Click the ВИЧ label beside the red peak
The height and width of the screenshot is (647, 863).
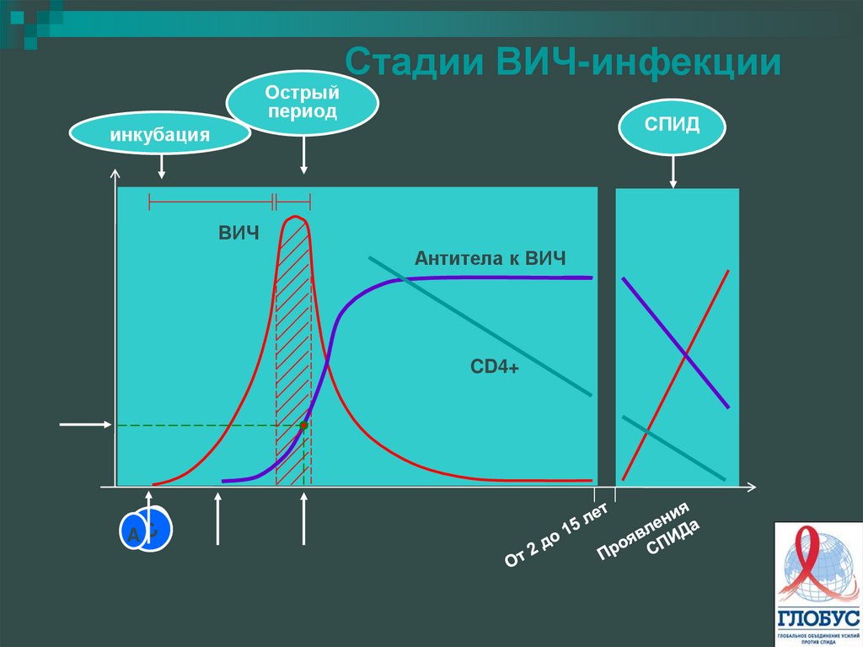pos(239,233)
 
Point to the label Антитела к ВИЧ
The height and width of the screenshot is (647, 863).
pos(490,258)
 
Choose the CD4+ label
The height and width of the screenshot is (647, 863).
pos(495,367)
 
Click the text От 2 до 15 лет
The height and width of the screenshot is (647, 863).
pos(555,531)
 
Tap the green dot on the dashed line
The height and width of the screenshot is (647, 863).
pos(303,425)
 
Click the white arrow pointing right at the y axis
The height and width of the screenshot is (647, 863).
pos(85,424)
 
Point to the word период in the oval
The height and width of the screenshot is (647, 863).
pos(303,111)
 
